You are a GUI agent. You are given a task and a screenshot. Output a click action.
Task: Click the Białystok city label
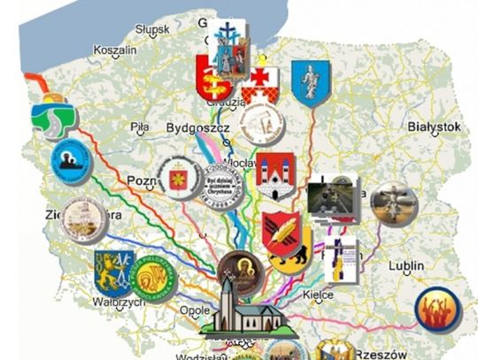pos(433,127)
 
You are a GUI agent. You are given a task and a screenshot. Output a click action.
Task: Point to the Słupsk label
pos(152,30)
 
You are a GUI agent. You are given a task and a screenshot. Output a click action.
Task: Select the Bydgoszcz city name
pos(197,129)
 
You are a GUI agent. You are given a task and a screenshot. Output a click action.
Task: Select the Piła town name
pos(139,127)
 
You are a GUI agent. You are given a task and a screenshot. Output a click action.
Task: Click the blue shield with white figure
pos(311,83)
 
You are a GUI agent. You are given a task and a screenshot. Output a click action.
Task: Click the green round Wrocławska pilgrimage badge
pos(157,277)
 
